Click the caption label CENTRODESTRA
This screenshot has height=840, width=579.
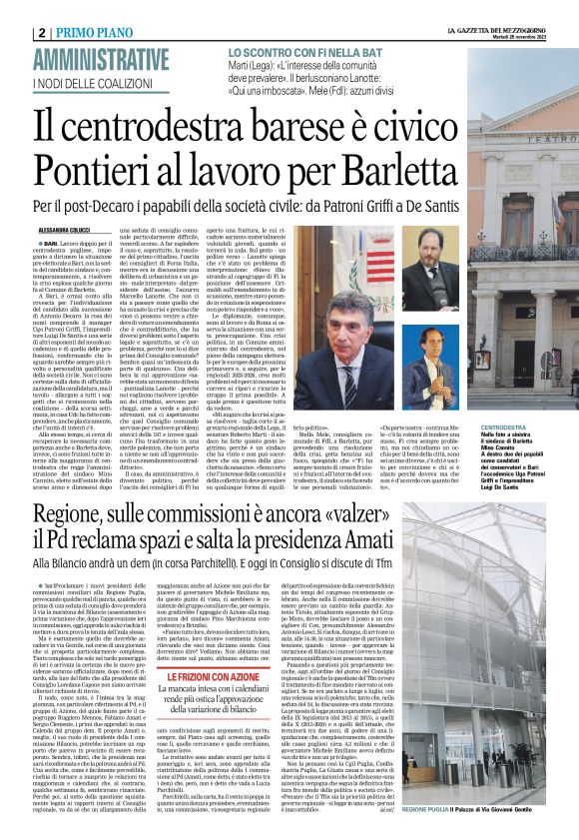coord(505,425)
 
